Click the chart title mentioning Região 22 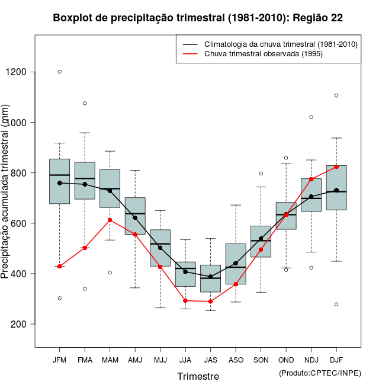(x=198, y=18)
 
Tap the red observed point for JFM (x=59, y=267)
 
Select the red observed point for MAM (x=110, y=220)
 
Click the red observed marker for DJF (x=336, y=166)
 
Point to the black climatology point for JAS (x=210, y=276)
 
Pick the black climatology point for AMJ (x=135, y=217)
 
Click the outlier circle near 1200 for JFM (x=59, y=72)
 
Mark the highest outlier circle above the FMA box (x=85, y=103)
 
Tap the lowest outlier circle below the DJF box (x=336, y=304)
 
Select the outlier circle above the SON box (x=261, y=174)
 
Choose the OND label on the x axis (x=286, y=360)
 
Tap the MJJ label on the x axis (x=160, y=360)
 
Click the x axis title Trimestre (x=198, y=376)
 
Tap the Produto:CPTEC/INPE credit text (x=319, y=373)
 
